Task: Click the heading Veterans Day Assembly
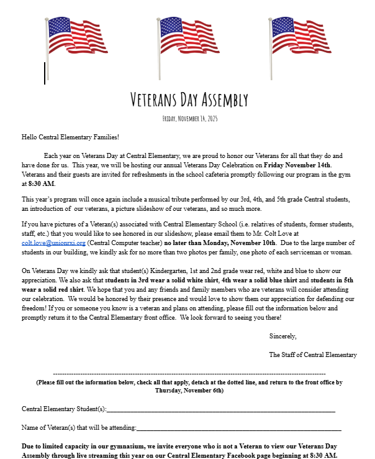(x=189, y=100)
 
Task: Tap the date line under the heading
(x=189, y=118)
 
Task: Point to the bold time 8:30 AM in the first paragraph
(x=42, y=184)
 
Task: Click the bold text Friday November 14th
(x=297, y=165)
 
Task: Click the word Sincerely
(x=282, y=336)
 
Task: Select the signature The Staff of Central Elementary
(x=313, y=355)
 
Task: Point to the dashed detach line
(x=189, y=374)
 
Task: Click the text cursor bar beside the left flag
(x=45, y=73)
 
